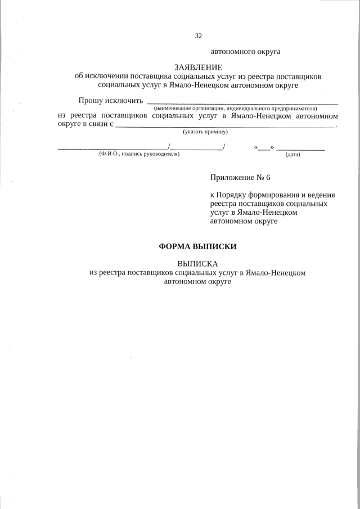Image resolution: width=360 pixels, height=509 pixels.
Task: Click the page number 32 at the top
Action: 198,36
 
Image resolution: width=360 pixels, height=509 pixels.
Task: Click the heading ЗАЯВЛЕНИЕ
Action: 199,67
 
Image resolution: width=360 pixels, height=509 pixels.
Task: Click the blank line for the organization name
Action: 242,103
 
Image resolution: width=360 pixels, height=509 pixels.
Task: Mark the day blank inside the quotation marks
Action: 264,148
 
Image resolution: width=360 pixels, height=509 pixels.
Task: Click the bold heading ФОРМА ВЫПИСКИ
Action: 198,246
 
